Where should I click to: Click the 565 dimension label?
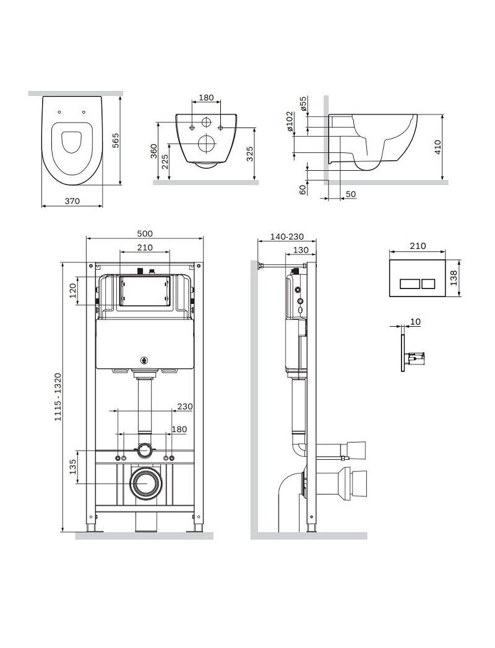116,140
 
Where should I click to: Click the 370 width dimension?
72,201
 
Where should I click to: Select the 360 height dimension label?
153,152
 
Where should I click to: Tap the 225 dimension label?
165,162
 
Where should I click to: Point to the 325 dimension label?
249,154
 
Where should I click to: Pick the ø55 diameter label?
303,104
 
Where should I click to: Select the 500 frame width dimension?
145,233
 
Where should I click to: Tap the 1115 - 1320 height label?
58,397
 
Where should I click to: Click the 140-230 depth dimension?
287,237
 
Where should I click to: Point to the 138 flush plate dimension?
454,278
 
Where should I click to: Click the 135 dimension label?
73,467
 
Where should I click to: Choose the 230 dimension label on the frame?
184,407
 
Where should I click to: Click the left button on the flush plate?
408,283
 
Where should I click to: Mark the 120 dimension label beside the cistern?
73,291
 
